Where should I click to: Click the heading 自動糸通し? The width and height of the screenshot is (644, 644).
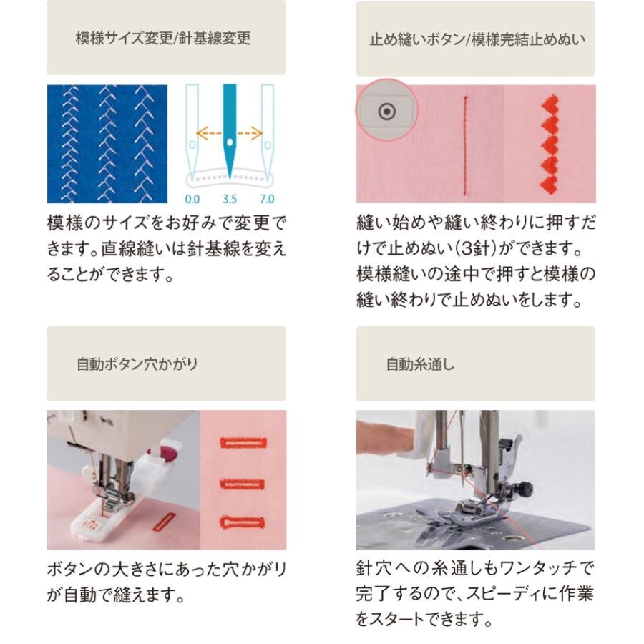(420, 364)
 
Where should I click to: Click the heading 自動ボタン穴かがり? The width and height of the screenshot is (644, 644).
(137, 364)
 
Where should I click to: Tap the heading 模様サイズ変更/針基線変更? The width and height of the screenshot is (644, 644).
(163, 38)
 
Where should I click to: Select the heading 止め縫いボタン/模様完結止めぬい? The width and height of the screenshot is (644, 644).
(477, 39)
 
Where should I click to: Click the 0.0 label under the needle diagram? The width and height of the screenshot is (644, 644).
(192, 199)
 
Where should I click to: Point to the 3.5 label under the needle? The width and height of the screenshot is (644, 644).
(230, 199)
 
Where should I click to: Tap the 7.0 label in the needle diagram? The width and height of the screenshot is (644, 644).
(267, 199)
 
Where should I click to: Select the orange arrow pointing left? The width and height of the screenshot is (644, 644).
(209, 133)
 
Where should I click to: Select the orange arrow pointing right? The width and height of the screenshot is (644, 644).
(250, 133)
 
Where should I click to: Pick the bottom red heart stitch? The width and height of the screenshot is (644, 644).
(550, 185)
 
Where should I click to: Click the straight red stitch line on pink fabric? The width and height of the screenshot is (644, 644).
(465, 145)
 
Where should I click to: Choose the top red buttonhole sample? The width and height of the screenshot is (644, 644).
(243, 443)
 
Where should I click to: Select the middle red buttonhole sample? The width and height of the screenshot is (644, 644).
(243, 484)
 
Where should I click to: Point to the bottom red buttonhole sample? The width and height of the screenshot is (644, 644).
(243, 522)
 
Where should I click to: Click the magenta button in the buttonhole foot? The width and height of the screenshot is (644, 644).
(168, 453)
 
